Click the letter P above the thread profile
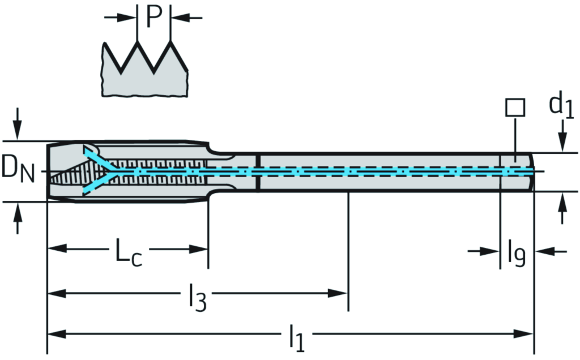pos(154,17)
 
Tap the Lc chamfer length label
pos(129,251)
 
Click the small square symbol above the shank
pos(515,107)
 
